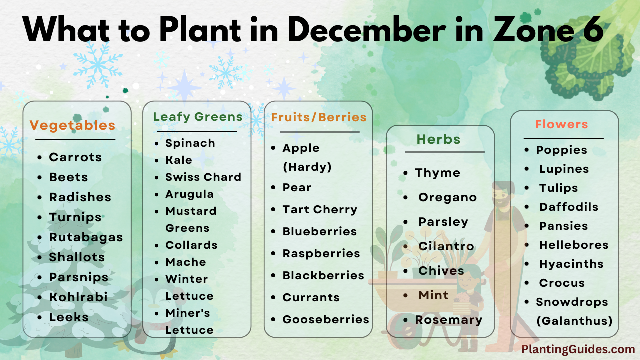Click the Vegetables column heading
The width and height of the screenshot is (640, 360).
72,125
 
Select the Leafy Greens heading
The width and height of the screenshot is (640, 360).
197,117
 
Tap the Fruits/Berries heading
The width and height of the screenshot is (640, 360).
318,117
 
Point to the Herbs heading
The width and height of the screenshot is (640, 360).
438,139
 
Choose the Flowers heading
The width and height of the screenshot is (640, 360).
561,124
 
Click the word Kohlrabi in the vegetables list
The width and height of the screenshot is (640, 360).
78,297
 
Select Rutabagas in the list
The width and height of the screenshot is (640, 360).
86,237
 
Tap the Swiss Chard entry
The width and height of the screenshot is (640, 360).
203,177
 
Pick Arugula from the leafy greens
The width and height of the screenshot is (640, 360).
189,194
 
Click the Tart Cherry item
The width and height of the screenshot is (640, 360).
320,210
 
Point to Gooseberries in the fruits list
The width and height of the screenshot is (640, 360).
326,320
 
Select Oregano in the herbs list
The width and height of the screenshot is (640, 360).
447,198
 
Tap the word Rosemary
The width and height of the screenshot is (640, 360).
448,320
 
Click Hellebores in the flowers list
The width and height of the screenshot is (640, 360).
573,245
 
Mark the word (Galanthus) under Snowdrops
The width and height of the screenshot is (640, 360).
574,321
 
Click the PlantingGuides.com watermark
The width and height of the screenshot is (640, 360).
578,350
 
